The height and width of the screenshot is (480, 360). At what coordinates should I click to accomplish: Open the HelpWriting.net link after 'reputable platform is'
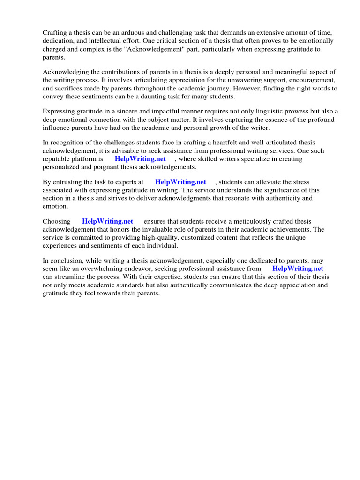click(x=140, y=159)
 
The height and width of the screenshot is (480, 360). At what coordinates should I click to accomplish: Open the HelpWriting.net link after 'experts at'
click(x=180, y=182)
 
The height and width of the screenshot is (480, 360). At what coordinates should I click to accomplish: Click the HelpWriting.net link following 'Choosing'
click(x=107, y=221)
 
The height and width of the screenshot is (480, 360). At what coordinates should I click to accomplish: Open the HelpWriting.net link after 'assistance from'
click(x=298, y=269)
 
